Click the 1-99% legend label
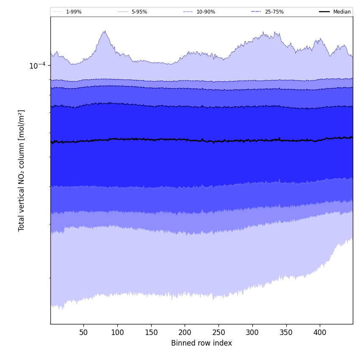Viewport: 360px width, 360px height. click(x=74, y=12)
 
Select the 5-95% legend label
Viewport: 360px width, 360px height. click(x=139, y=12)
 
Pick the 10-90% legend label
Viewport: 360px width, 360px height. click(x=205, y=12)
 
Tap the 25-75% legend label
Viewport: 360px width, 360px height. click(x=274, y=12)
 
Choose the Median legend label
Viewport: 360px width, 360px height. click(x=342, y=12)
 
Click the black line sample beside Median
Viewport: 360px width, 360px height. click(x=325, y=12)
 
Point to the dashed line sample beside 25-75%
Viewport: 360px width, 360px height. click(x=256, y=12)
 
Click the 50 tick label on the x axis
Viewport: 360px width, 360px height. click(x=83, y=332)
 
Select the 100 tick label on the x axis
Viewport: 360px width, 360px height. click(x=117, y=332)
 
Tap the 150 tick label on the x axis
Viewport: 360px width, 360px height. click(x=151, y=332)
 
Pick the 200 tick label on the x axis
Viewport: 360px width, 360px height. click(x=185, y=332)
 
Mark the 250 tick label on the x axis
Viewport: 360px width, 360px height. click(x=219, y=332)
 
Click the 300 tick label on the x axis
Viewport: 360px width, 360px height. click(x=252, y=332)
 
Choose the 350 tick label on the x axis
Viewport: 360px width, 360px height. click(x=286, y=332)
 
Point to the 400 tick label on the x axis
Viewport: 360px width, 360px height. click(x=320, y=332)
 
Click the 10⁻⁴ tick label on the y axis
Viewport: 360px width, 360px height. click(x=37, y=66)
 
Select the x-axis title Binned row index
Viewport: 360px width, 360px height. click(x=201, y=343)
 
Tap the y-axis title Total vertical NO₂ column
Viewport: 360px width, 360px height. click(x=22, y=170)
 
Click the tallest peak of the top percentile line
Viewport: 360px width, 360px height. click(x=105, y=30)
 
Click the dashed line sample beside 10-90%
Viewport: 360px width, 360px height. click(x=188, y=12)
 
